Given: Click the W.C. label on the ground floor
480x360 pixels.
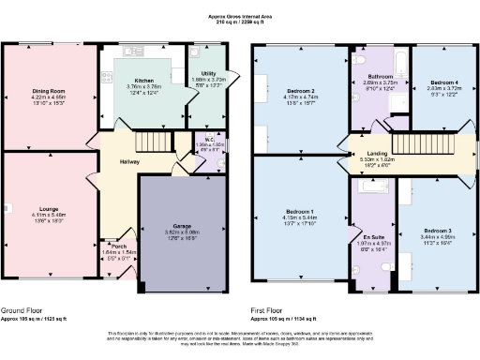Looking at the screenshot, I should pyautogui.click(x=212, y=139).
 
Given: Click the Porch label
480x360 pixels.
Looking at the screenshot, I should pyautogui.click(x=118, y=247).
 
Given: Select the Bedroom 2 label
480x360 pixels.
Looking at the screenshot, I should pyautogui.click(x=299, y=92).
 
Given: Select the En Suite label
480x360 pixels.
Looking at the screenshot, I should pyautogui.click(x=374, y=239).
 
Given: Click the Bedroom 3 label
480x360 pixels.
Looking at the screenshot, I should pyautogui.click(x=437, y=231).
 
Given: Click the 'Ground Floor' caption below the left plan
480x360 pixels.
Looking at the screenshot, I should pyautogui.click(x=25, y=309).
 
